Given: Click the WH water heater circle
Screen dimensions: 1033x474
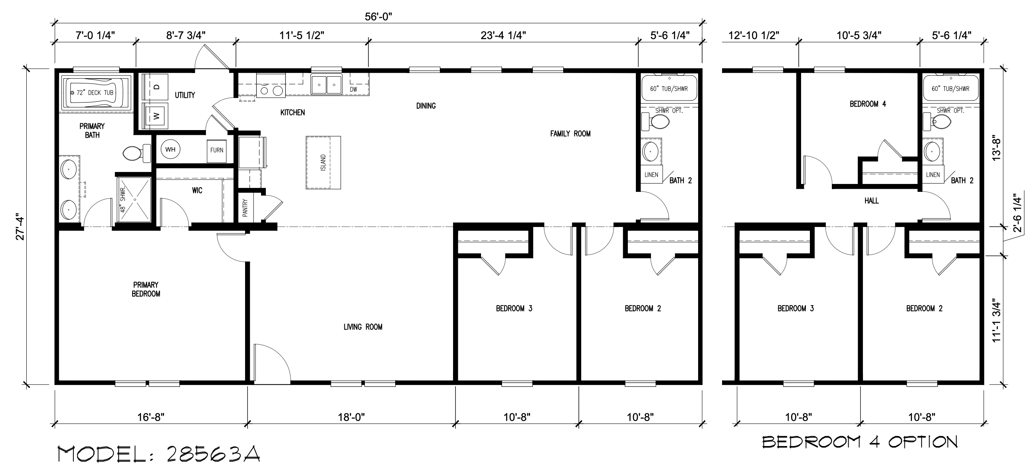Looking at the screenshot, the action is (170, 150).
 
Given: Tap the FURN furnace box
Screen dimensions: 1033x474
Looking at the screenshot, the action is (217, 150).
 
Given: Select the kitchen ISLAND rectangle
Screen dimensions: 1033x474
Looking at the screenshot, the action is (323, 162).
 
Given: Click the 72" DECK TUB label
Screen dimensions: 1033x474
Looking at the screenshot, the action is (95, 93).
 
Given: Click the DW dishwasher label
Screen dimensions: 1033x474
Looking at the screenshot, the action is (353, 89).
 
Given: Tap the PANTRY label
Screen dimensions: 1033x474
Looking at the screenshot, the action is (245, 208).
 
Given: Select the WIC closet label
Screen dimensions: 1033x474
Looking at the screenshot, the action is (197, 190).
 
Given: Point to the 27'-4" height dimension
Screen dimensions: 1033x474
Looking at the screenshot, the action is (20, 229).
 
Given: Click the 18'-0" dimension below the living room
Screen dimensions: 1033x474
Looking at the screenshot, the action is (351, 417).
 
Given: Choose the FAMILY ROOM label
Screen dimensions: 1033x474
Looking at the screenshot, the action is (570, 134).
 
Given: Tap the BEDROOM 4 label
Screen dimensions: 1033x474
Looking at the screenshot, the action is (868, 104).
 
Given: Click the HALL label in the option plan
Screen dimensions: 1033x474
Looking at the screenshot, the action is (871, 201).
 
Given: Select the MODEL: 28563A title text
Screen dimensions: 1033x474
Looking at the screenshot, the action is (159, 454).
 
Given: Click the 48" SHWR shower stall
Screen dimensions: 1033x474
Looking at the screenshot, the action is (134, 199).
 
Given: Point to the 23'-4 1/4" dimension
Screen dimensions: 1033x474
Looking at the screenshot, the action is (503, 36).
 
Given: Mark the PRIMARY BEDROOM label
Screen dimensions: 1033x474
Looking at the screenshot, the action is (146, 289).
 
